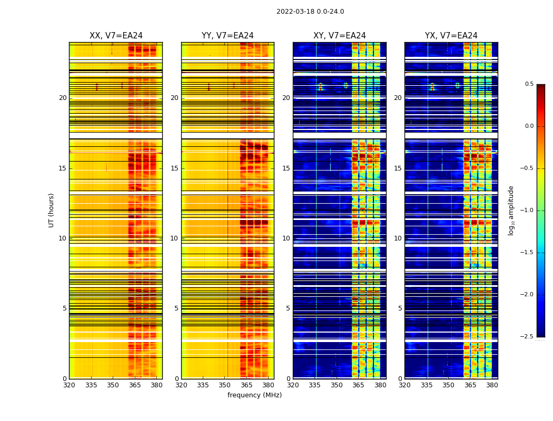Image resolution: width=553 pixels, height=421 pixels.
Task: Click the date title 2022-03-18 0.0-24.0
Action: click(x=310, y=12)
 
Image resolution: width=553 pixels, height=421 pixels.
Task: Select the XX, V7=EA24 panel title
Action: click(x=116, y=36)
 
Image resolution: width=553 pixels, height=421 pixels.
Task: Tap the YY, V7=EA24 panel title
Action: click(x=228, y=36)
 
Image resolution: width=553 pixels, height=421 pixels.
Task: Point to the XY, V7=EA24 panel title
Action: click(x=340, y=36)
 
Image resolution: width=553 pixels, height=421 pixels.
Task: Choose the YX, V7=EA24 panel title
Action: click(x=451, y=36)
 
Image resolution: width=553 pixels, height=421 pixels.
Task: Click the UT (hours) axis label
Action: click(x=51, y=210)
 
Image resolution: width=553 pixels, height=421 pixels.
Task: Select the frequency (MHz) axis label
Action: click(x=254, y=395)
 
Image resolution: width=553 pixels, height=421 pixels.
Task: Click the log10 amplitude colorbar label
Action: click(x=511, y=210)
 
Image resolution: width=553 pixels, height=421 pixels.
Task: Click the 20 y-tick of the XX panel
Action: click(x=63, y=98)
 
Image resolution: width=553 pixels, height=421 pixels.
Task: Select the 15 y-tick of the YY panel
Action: click(x=174, y=168)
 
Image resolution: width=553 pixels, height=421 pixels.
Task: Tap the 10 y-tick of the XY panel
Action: click(x=286, y=238)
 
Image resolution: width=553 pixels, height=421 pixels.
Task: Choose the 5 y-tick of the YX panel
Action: click(x=400, y=308)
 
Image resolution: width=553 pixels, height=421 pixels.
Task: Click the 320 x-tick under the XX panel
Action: click(x=69, y=385)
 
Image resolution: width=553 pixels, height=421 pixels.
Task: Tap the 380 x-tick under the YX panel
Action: click(x=492, y=385)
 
